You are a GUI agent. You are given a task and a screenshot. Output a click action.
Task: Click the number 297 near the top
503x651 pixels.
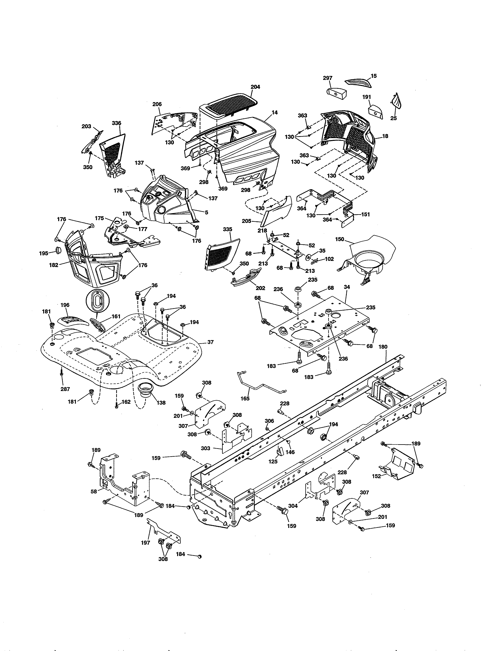point(327,78)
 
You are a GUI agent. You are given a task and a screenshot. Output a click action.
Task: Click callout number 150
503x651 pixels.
point(340,239)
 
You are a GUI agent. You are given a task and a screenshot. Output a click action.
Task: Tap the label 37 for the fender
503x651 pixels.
point(210,342)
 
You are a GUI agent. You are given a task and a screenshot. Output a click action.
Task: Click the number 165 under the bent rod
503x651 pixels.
point(245,398)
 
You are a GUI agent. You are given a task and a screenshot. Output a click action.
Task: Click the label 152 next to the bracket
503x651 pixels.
point(376,476)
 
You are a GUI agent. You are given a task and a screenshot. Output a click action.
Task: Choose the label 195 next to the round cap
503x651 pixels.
point(44,253)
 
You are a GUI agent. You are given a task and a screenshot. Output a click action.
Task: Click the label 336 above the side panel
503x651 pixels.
point(117,123)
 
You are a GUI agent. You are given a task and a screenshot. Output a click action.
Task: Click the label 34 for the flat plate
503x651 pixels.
point(347,287)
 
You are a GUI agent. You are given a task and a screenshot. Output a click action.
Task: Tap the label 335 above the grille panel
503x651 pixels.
point(227,229)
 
